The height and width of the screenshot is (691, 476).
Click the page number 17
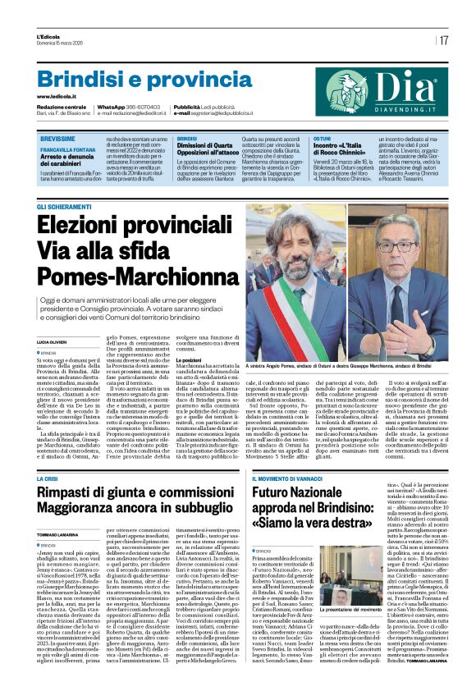tap(443, 39)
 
